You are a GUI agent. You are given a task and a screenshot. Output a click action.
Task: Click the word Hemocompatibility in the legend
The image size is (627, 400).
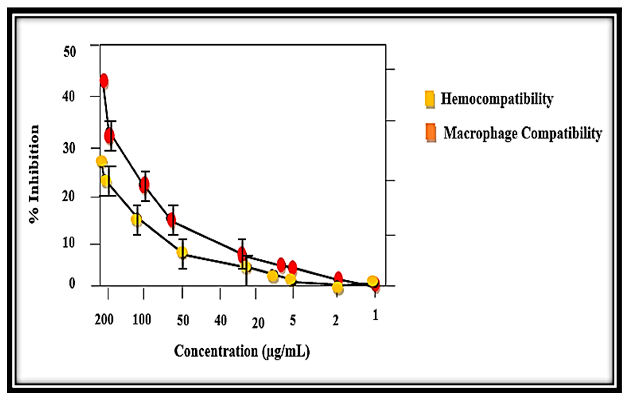[x=497, y=99]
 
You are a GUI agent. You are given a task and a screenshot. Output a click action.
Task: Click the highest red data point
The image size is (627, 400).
[x=104, y=81]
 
